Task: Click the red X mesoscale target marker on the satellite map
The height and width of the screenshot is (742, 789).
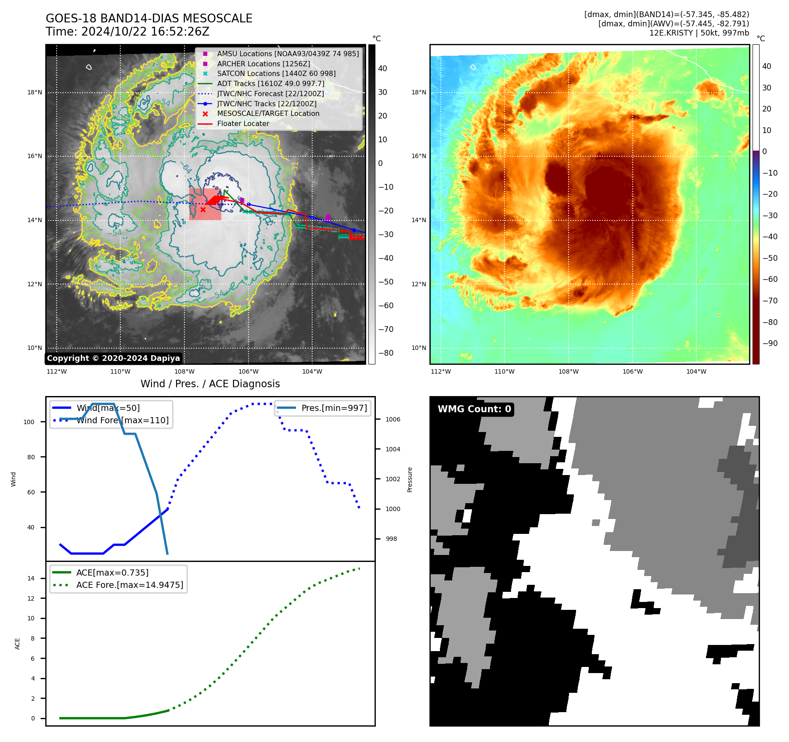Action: tap(203, 210)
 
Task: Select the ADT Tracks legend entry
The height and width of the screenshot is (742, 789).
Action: tap(270, 83)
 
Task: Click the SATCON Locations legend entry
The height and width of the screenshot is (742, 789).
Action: tap(276, 73)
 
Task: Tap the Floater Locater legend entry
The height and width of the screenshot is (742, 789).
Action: tap(243, 123)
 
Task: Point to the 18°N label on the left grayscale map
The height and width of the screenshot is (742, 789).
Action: tap(35, 92)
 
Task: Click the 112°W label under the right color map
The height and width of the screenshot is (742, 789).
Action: tap(440, 371)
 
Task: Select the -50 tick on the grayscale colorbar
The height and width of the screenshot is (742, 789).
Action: tap(386, 282)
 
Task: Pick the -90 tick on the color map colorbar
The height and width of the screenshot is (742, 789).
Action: tap(770, 343)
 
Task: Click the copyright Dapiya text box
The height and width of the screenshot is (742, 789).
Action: tap(113, 358)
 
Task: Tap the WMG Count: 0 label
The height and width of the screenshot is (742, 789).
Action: tap(474, 409)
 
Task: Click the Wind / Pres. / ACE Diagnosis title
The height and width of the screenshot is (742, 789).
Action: tap(210, 384)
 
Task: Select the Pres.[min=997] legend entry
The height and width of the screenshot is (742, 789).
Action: tap(334, 408)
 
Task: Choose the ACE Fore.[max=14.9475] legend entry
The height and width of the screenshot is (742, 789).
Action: tap(130, 585)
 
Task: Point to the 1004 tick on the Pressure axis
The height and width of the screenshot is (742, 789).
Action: tap(393, 449)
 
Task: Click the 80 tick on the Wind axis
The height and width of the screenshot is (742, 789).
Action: tap(31, 457)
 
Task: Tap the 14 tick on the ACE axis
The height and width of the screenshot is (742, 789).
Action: tap(31, 578)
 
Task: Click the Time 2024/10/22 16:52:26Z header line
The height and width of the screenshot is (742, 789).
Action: tap(127, 32)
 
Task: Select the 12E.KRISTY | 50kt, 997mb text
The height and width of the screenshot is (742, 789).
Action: tap(699, 33)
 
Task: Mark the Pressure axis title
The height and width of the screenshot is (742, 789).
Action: tap(410, 479)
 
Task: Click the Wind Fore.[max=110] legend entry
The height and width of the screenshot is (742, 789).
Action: tap(122, 420)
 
